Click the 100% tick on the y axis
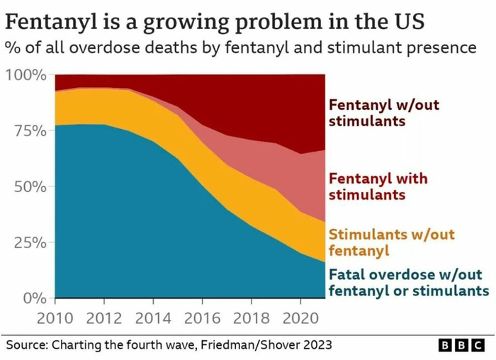26,75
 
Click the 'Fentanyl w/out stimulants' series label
384,113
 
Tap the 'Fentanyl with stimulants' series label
378,186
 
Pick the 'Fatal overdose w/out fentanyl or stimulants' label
408,282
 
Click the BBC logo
461,345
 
